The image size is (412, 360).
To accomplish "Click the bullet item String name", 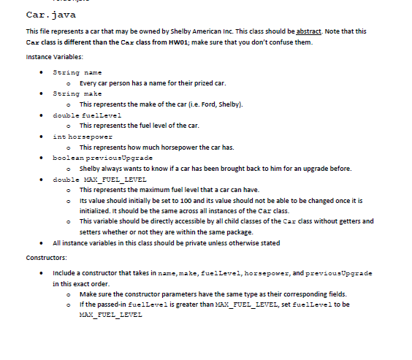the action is [x=77, y=72].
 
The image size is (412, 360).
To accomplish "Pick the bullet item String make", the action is [x=77, y=93].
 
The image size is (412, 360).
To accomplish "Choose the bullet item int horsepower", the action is [x=83, y=136].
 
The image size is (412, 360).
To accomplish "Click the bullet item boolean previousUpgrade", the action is [x=103, y=158].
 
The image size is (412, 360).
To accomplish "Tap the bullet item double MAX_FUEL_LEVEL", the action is [x=100, y=179].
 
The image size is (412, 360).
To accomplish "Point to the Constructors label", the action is [x=46, y=257].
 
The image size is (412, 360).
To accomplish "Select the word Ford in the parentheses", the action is [x=209, y=104].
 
